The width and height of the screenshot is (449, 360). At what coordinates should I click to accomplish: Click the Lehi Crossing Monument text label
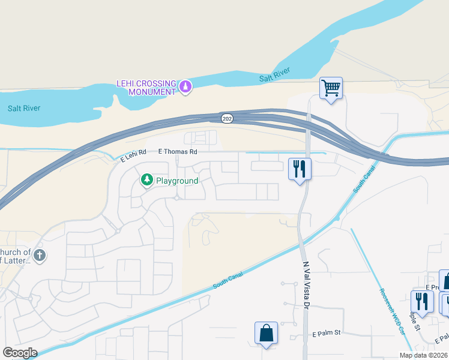click(x=147, y=87)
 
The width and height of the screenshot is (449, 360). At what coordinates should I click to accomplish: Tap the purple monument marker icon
click(x=185, y=88)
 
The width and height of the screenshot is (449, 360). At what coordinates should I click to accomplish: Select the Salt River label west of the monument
click(x=24, y=109)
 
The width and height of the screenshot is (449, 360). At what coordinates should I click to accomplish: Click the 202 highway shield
click(x=226, y=118)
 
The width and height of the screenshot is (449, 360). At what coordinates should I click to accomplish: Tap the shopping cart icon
click(x=331, y=89)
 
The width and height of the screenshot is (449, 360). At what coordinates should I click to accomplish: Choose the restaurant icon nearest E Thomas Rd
click(x=300, y=168)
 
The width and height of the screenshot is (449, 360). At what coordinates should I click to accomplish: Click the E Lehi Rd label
click(x=134, y=156)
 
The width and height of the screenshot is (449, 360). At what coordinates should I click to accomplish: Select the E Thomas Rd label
click(x=178, y=152)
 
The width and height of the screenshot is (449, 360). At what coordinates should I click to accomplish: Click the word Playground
click(x=176, y=180)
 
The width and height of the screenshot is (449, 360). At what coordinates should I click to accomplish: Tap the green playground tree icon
click(x=146, y=179)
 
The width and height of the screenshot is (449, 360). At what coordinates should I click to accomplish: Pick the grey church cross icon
click(x=40, y=256)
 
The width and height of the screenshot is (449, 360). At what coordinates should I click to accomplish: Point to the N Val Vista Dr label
click(x=305, y=285)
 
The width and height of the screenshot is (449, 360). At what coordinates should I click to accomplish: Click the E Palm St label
click(x=327, y=333)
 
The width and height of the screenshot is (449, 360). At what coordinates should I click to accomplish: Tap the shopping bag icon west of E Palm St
click(x=266, y=333)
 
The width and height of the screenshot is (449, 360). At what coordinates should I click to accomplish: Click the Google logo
click(x=20, y=353)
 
